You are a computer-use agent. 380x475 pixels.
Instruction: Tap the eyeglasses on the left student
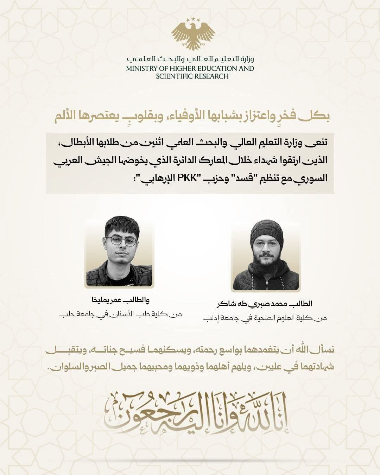(121, 241)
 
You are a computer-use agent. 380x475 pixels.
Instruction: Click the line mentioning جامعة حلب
(120, 314)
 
